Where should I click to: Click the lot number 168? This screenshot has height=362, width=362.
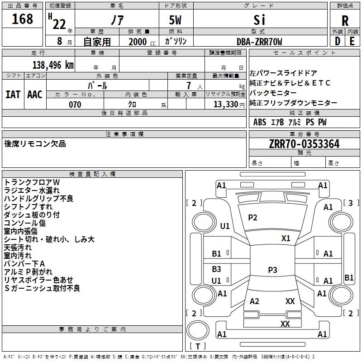pyautogui.click(x=22, y=19)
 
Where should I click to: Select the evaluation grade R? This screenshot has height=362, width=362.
pyautogui.click(x=345, y=20)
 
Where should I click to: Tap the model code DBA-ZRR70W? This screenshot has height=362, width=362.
pyautogui.click(x=259, y=42)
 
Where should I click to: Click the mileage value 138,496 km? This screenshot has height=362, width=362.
pyautogui.click(x=53, y=65)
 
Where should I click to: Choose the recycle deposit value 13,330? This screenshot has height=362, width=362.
pyautogui.click(x=225, y=105)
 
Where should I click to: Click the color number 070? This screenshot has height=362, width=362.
pyautogui.click(x=75, y=105)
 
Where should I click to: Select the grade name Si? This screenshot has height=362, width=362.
pyautogui.click(x=259, y=20)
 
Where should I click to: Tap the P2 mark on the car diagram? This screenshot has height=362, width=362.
pyautogui.click(x=252, y=218)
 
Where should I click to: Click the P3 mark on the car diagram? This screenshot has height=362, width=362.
pyautogui.click(x=272, y=270)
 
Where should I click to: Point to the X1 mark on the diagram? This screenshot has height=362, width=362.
pyautogui.click(x=286, y=238)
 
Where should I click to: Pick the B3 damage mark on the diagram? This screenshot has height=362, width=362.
pyautogui.click(x=216, y=269)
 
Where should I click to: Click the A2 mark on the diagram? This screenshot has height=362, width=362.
pyautogui.click(x=254, y=301)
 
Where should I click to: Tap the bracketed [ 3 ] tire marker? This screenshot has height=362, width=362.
pyautogui.click(x=351, y=203)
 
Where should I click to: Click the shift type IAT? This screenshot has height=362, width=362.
pyautogui.click(x=13, y=95)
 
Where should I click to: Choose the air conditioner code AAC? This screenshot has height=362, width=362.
pyautogui.click(x=35, y=95)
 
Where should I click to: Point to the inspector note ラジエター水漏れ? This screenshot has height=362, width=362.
pyautogui.click(x=32, y=191)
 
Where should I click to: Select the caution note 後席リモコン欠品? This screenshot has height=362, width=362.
pyautogui.click(x=35, y=143)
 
